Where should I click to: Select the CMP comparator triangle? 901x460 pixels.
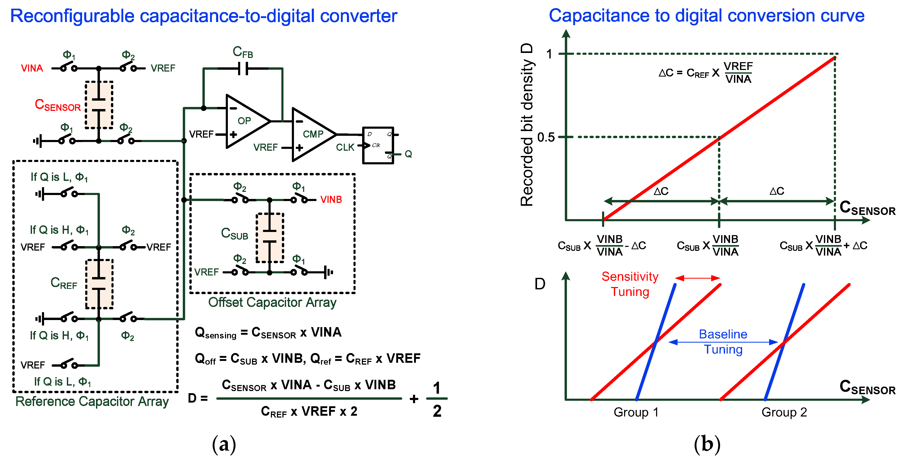(x=311, y=134)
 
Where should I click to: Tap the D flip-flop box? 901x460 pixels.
(x=378, y=145)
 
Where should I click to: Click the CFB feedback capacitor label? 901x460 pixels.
(x=243, y=52)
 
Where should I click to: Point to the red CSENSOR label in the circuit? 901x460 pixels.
(x=58, y=105)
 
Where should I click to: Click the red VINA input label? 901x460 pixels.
(x=32, y=68)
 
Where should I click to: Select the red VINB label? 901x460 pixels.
(x=331, y=199)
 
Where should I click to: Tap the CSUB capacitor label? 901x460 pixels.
(x=234, y=234)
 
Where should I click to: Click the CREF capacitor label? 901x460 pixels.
(x=64, y=283)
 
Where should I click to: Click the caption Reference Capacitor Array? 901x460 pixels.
(x=92, y=401)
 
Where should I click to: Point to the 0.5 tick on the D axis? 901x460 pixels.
(x=546, y=137)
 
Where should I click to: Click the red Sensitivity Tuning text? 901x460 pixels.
(x=630, y=284)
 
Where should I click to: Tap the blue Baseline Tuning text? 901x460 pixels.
(x=723, y=342)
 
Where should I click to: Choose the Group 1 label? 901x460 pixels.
(x=636, y=413)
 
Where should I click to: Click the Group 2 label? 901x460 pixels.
(x=784, y=413)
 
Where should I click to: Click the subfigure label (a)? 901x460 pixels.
(x=224, y=444)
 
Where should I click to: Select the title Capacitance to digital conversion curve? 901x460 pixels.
(x=706, y=16)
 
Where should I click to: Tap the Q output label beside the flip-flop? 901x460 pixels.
(x=408, y=154)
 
